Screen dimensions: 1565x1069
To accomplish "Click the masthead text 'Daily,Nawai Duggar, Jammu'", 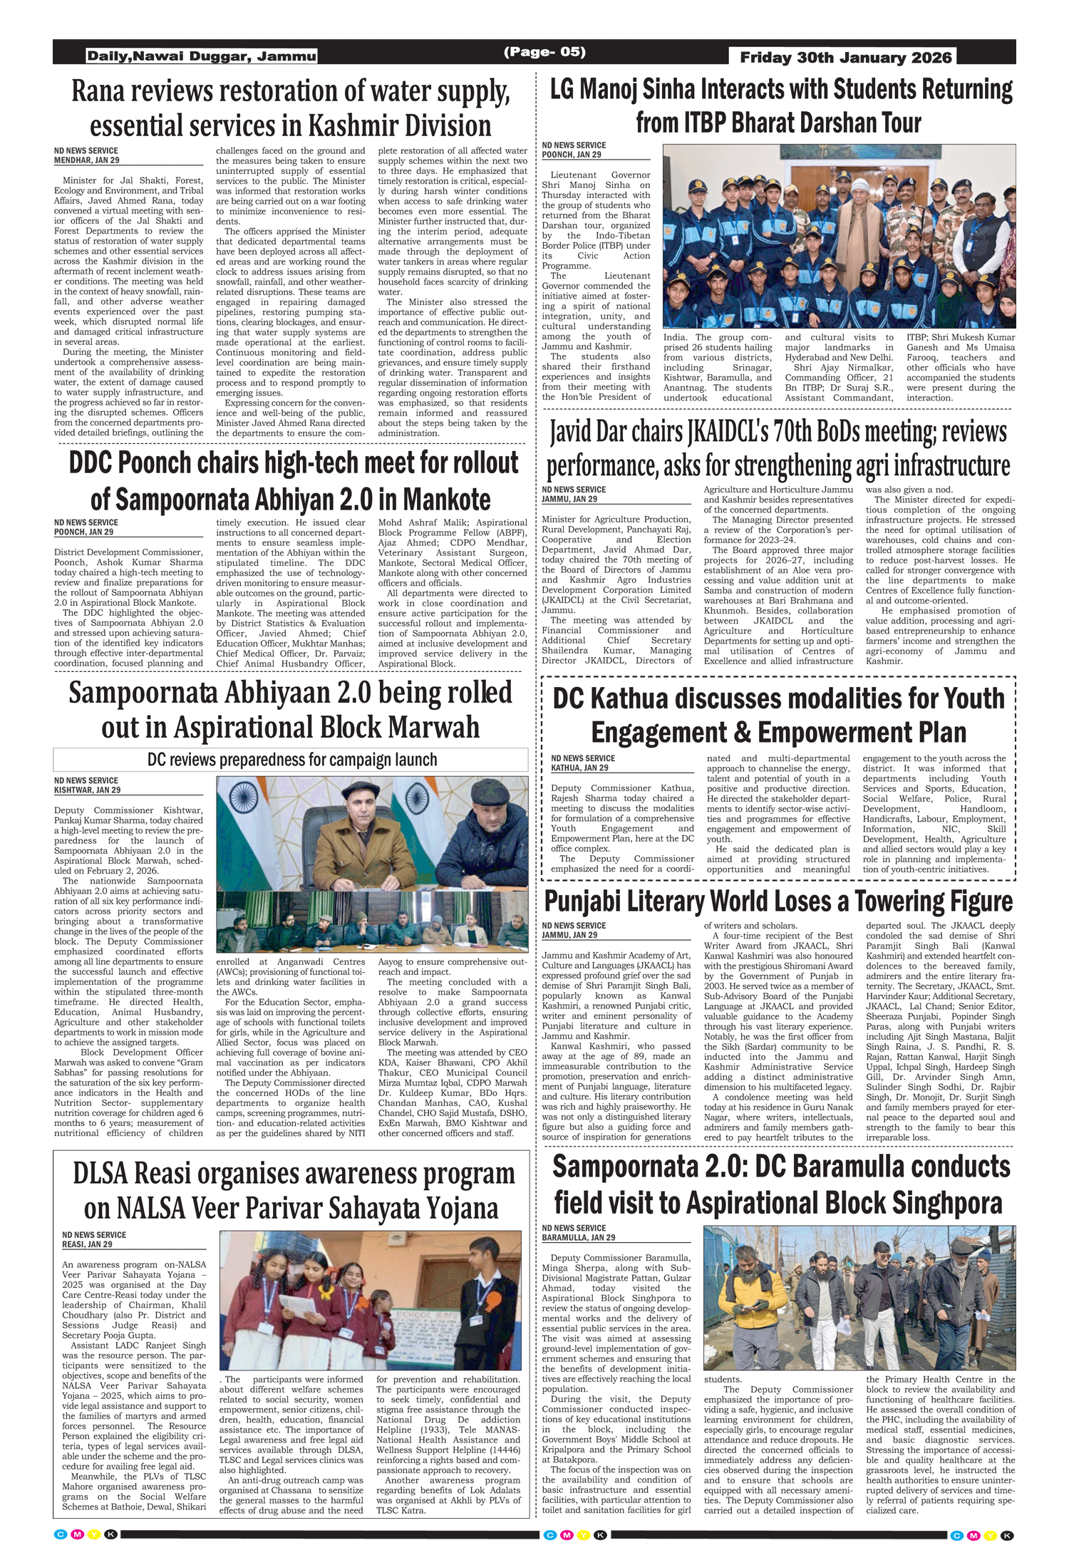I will point(202,56).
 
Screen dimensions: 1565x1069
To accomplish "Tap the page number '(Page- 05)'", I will point(544,52).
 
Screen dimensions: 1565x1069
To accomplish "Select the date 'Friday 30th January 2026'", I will point(845,57).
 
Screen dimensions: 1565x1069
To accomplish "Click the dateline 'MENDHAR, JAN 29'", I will point(87,160).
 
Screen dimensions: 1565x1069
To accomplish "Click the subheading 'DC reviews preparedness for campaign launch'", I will point(292,760).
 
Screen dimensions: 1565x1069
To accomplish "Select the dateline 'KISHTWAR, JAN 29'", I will point(87,790).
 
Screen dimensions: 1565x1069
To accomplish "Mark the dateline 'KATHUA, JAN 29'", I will point(579,768).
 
